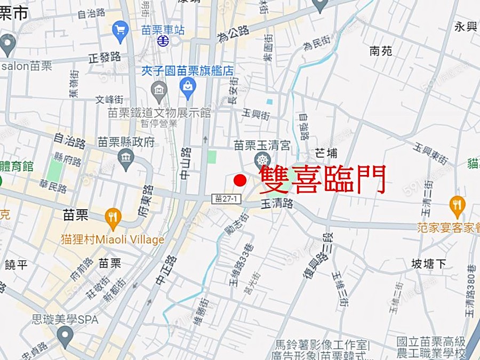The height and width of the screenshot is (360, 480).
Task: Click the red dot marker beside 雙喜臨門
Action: tap(241, 180)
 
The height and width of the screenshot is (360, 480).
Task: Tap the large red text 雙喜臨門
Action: tap(322, 179)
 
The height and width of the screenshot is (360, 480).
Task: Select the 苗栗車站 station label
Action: tap(164, 30)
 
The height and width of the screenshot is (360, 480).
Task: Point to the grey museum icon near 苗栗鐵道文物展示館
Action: tap(159, 90)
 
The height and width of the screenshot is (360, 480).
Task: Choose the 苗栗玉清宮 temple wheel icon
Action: tap(262, 159)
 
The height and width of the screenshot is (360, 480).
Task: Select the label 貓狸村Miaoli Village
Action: tap(112, 240)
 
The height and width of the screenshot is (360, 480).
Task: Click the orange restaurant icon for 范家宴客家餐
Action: tap(457, 205)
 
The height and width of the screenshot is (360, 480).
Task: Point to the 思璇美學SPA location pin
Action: tap(65, 336)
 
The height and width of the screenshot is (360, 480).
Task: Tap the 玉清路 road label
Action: tap(277, 203)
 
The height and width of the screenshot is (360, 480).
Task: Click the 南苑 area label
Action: tap(381, 51)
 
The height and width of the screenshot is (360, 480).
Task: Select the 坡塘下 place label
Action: tap(428, 263)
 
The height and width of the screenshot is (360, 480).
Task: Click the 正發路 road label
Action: tap(105, 57)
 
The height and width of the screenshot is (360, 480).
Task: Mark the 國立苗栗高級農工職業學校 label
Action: tap(431, 347)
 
